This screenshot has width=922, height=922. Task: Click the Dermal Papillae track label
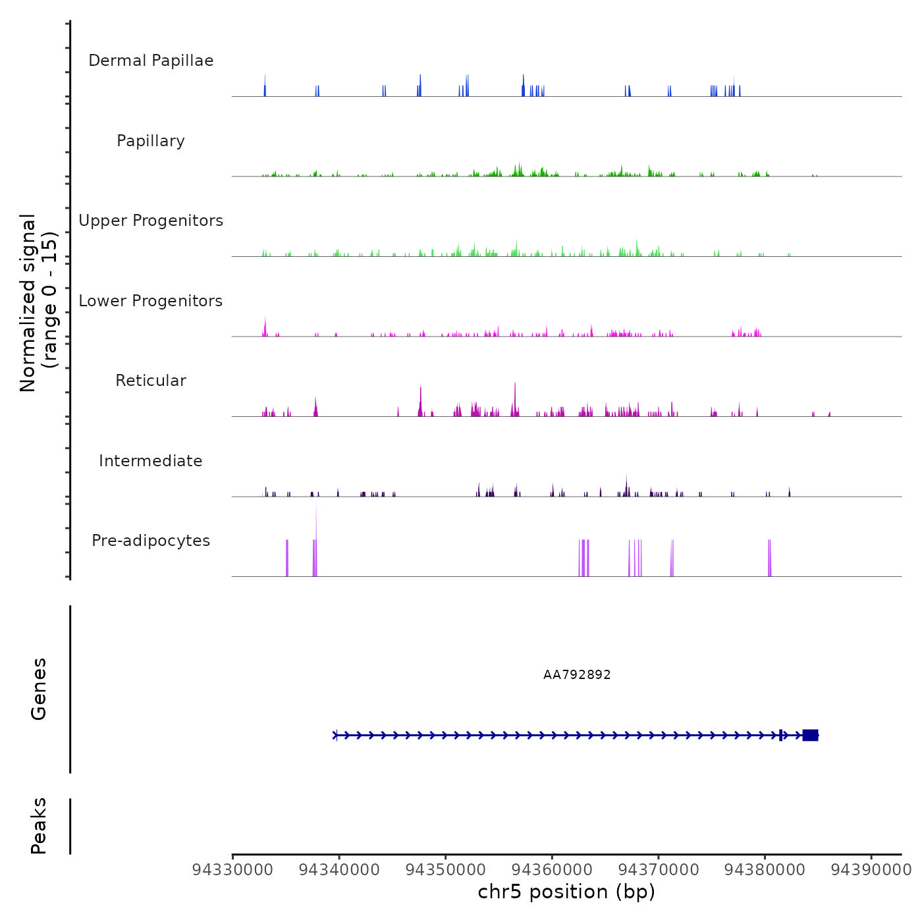click(151, 61)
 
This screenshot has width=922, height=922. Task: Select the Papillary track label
click(151, 141)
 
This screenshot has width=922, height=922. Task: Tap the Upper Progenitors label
click(151, 221)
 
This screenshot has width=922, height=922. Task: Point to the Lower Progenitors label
click(151, 301)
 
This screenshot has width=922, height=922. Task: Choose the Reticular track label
click(151, 381)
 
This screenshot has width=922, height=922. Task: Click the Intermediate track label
click(151, 461)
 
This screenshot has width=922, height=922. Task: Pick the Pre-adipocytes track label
click(151, 541)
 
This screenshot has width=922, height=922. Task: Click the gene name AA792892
click(577, 675)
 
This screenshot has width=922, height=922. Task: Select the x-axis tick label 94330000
click(232, 870)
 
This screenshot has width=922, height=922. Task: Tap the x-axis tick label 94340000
click(339, 870)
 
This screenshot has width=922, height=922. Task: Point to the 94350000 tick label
click(446, 870)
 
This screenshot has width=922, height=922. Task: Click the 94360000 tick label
click(552, 870)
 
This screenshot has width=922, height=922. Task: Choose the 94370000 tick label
click(659, 870)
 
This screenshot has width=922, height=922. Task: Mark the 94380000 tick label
click(765, 870)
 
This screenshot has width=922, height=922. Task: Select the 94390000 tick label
click(871, 870)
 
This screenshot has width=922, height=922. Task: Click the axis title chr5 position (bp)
click(566, 892)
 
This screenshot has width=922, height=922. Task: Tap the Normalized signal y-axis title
click(38, 303)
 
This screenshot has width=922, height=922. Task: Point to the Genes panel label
click(38, 689)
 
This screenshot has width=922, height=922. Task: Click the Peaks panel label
click(38, 826)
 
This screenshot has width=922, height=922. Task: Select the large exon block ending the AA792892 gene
click(810, 735)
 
